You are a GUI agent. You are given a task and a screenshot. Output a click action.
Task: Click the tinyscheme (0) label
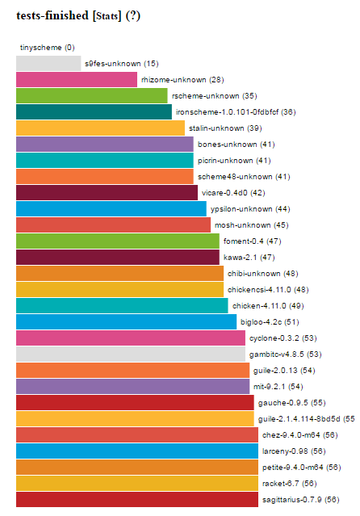coord(48,48)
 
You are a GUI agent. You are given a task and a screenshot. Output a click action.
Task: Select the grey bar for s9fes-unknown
coord(48,63)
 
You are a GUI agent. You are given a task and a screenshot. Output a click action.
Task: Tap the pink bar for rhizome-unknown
coord(77,79)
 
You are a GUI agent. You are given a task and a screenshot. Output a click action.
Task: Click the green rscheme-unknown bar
coord(92,95)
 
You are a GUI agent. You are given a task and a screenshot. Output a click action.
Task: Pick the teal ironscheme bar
coord(94,111)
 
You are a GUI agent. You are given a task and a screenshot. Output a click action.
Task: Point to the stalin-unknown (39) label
coord(225,128)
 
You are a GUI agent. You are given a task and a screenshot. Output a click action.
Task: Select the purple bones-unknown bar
coord(105,144)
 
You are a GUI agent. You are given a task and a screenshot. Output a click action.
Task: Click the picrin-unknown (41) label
coord(234,160)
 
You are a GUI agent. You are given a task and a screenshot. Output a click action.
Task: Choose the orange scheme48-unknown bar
coord(105,176)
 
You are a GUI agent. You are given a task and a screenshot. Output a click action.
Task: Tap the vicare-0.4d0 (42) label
coord(233,192)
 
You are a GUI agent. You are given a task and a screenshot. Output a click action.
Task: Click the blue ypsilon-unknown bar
coord(111,208)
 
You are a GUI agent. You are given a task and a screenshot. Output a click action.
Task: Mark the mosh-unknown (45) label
coord(252,224)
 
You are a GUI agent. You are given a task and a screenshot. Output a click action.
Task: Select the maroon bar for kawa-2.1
coord(118,257)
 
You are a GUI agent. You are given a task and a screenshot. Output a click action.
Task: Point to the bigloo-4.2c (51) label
coord(270,322)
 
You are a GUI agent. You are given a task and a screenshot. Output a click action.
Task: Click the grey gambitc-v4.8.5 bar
coord(131,354)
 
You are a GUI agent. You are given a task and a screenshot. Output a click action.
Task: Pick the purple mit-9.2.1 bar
coord(133,386)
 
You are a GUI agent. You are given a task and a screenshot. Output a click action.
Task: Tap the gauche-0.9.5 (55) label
coord(292,402)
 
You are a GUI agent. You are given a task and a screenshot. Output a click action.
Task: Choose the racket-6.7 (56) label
coord(290,483)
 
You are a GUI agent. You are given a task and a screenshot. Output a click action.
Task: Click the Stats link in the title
coord(107,16)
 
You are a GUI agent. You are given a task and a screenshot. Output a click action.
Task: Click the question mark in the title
coord(133,15)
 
